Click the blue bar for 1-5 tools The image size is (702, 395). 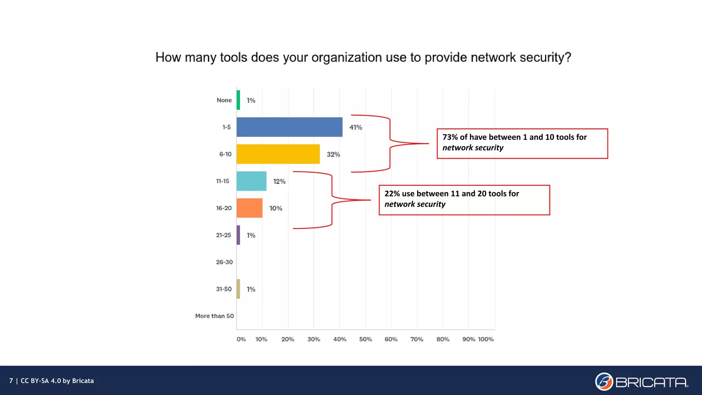(x=289, y=127)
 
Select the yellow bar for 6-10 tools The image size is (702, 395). (x=278, y=154)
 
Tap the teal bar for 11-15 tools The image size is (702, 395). (x=251, y=181)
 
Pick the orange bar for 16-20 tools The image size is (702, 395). (x=249, y=208)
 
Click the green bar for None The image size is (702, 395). (x=238, y=100)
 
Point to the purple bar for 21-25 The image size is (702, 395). (x=238, y=235)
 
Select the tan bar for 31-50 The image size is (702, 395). (x=238, y=289)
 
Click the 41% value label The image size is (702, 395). (x=355, y=128)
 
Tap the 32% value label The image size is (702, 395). (x=333, y=155)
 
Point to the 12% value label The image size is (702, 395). (x=279, y=181)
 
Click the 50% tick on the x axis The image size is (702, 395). (x=365, y=339)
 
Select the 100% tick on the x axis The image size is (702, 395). (x=486, y=339)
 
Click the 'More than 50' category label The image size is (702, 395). (x=215, y=316)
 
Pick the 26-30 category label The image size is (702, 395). (x=224, y=262)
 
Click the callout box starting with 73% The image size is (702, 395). (x=522, y=144)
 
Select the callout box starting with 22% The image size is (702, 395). (x=464, y=200)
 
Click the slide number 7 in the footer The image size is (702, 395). (x=11, y=381)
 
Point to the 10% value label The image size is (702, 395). (x=276, y=208)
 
